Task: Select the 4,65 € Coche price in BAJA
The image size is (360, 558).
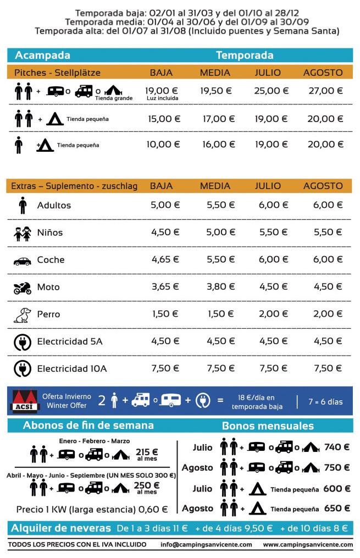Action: [x=165, y=259]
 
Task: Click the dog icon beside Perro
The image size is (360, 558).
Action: [x=23, y=314]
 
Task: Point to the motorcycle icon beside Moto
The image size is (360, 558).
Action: [x=23, y=288]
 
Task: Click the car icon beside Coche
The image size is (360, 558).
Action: [x=23, y=261]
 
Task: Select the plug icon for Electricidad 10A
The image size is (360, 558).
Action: [x=23, y=368]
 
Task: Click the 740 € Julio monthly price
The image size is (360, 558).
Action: [x=337, y=447]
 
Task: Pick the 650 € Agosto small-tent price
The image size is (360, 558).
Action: [x=337, y=508]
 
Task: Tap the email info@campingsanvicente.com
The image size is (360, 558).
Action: [x=207, y=544]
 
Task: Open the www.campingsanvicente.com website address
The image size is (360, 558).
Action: [x=308, y=544]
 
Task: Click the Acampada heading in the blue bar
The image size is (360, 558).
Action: [x=43, y=56]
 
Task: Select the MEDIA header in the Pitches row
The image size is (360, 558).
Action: [x=215, y=73]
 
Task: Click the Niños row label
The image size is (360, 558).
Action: [x=50, y=233]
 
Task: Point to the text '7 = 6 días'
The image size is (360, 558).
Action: [x=326, y=402]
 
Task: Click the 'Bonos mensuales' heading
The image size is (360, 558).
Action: [x=268, y=426]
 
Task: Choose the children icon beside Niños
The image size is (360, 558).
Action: [x=23, y=234]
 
